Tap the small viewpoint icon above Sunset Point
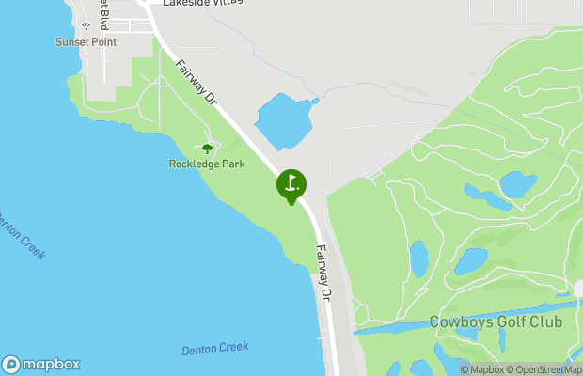tap(87, 26)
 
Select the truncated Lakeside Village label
tap(201, 4)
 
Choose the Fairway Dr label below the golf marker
tap(324, 273)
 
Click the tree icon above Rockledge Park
tap(207, 148)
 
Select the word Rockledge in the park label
tap(193, 164)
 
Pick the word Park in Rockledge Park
tap(232, 164)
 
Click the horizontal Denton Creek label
tap(214, 349)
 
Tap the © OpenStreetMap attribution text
tap(544, 369)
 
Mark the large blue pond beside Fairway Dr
tap(284, 120)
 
